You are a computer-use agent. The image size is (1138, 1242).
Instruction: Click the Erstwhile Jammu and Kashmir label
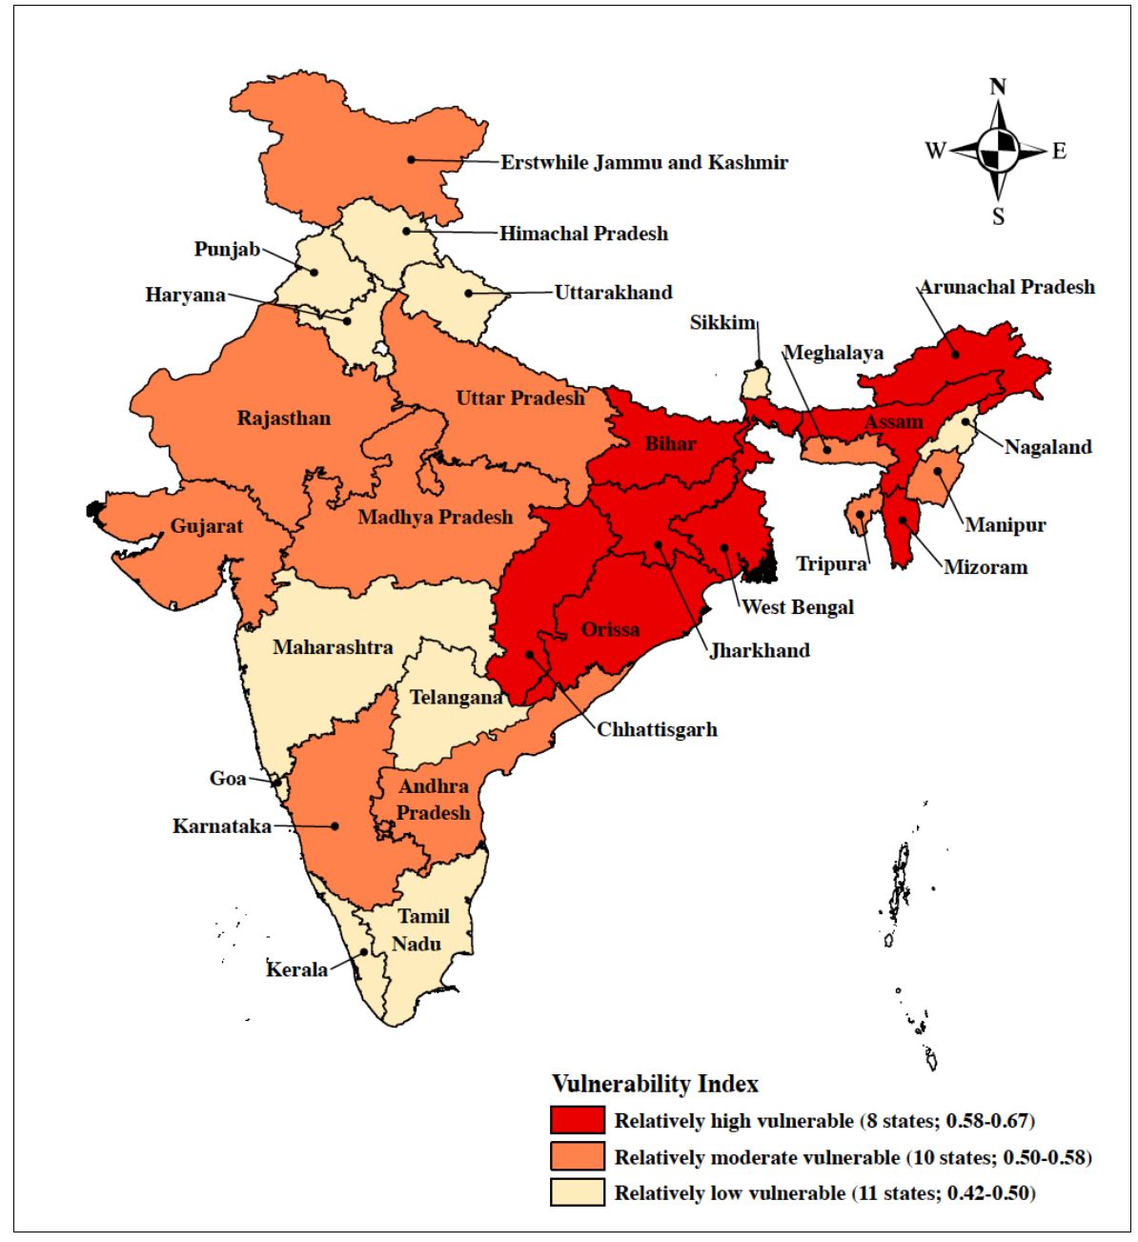[644, 162]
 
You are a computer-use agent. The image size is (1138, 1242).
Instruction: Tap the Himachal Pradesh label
[583, 234]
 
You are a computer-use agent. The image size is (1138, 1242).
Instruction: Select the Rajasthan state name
[284, 418]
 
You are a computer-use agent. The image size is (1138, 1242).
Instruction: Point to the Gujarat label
[207, 526]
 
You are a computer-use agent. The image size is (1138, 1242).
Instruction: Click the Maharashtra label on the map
[333, 647]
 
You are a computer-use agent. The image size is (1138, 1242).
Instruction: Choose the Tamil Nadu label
[421, 929]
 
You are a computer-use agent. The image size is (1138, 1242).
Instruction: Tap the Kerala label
[296, 969]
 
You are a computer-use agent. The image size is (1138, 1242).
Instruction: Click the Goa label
[228, 779]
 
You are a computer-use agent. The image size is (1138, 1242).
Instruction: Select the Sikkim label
[722, 322]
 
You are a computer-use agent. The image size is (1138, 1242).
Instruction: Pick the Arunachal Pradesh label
[1006, 287]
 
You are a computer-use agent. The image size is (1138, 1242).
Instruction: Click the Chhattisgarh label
[657, 730]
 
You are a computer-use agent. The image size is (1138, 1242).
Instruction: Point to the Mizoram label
[986, 567]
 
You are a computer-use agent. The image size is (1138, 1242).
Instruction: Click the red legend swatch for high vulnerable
[577, 1120]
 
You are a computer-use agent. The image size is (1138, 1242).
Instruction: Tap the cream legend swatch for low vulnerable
[577, 1192]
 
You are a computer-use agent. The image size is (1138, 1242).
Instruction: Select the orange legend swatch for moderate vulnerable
[577, 1156]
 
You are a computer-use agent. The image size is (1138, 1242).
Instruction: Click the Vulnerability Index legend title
[655, 1084]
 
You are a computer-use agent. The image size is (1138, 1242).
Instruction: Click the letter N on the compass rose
[998, 88]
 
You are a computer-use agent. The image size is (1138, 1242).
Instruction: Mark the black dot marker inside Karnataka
[335, 826]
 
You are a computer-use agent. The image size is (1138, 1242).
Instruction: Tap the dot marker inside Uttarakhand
[468, 293]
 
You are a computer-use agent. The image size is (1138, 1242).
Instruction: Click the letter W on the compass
[935, 151]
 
